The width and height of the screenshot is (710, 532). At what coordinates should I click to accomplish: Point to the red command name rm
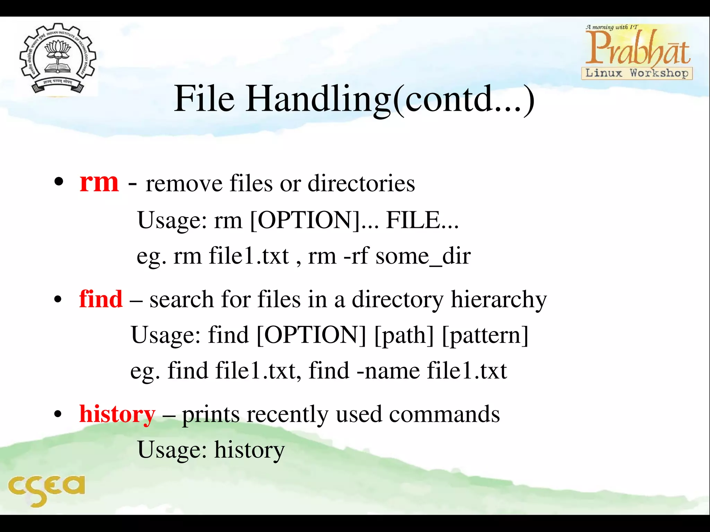tap(99, 182)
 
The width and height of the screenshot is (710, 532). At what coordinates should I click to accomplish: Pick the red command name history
tap(117, 414)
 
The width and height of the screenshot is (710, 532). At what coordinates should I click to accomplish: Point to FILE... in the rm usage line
tap(422, 220)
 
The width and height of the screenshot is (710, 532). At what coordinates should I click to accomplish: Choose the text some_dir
tap(423, 256)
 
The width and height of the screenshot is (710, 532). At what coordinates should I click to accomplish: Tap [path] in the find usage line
tap(404, 335)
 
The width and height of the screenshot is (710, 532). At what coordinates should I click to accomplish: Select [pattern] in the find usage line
tap(485, 335)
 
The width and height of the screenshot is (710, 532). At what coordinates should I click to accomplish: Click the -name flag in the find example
tap(388, 371)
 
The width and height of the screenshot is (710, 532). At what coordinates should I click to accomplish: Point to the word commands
tap(444, 414)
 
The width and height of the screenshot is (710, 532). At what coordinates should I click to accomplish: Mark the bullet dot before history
tap(58, 414)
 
